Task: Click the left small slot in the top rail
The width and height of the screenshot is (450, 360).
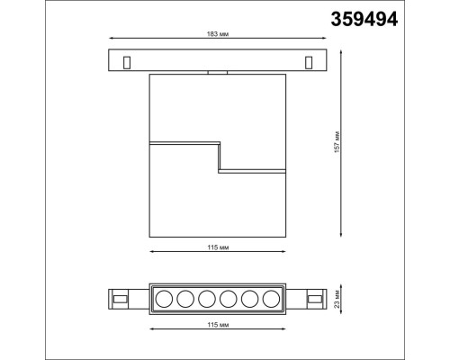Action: (x=126, y=61)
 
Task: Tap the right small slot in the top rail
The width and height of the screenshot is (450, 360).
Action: (x=309, y=61)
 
